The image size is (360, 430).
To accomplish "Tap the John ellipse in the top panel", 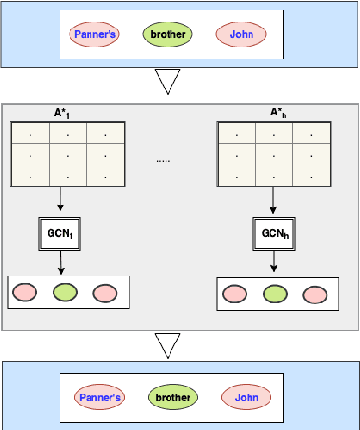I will click(x=239, y=36).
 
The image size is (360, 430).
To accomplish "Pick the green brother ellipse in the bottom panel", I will click(x=173, y=397).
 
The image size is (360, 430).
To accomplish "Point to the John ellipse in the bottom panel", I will click(x=247, y=397).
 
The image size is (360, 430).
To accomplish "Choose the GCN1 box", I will click(x=60, y=231).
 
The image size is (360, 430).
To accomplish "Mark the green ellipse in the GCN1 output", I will click(x=64, y=292).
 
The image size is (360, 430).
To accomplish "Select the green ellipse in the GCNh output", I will click(x=273, y=294).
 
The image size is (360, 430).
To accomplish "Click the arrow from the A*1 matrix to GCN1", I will click(x=60, y=197).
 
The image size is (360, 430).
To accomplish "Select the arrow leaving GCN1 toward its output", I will click(x=60, y=262).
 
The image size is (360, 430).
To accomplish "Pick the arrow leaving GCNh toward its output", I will click(x=274, y=263).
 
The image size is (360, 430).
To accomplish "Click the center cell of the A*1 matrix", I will click(x=64, y=153).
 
